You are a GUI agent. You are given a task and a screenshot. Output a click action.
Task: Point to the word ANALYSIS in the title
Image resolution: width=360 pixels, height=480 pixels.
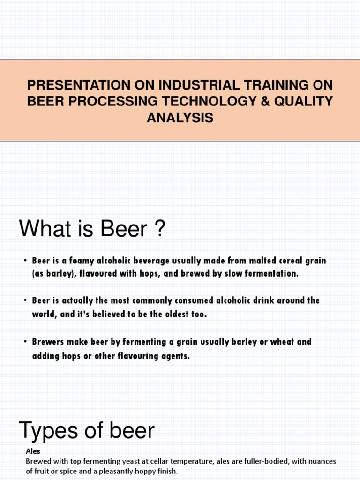[x=180, y=118]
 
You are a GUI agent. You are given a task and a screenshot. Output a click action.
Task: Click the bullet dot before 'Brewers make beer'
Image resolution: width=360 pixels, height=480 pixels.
[x=25, y=342]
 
